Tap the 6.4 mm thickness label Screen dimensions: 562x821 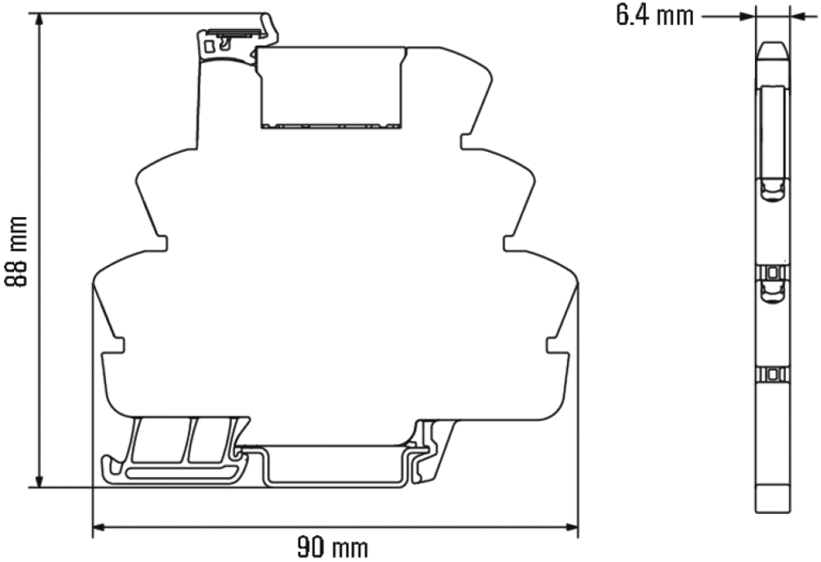coord(654,16)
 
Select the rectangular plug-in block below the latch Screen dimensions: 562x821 coord(332,86)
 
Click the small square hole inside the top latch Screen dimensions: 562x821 coord(210,46)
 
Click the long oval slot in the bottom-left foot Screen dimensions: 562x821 coord(181,472)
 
